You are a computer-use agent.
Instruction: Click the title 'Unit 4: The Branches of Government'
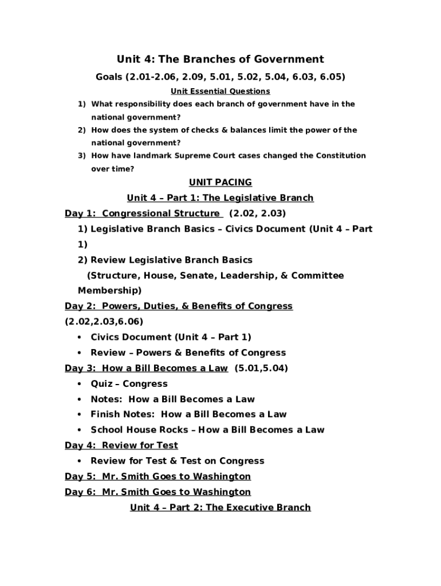point(220,59)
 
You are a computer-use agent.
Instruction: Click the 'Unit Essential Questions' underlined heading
point(220,91)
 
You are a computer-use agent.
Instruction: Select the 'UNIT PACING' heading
point(220,183)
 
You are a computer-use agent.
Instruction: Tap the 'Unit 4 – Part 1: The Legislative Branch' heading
point(220,198)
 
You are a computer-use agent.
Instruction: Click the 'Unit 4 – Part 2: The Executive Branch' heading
point(220,507)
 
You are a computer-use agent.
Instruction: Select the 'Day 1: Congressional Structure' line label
point(143,213)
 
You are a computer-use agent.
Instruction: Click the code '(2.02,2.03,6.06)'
point(104,322)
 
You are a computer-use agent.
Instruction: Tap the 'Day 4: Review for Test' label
point(121,445)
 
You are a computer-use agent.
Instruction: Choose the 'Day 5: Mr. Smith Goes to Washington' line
point(158,476)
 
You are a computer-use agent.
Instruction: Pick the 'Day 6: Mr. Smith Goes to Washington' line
point(158,492)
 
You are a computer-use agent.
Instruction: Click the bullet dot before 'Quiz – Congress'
point(78,384)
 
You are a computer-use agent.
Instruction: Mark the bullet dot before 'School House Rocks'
point(78,430)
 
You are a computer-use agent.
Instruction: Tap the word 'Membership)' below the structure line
point(109,291)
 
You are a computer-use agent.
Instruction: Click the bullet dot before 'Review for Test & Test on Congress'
point(78,461)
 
